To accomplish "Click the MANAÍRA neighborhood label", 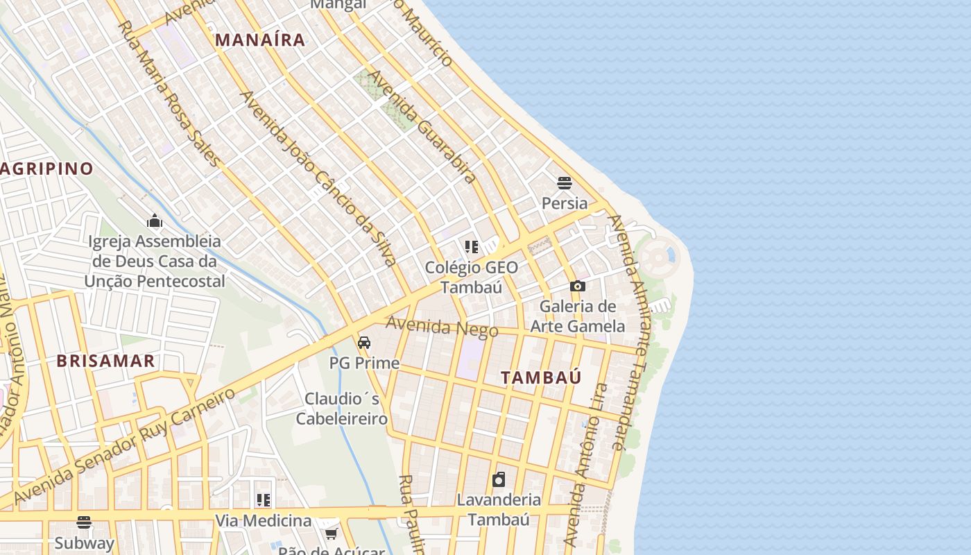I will [260, 40].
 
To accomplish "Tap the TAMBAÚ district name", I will [541, 377].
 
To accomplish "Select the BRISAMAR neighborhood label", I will [105, 361].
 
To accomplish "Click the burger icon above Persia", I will [565, 183].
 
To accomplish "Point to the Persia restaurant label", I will [565, 203].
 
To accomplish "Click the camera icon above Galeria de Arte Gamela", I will [577, 286].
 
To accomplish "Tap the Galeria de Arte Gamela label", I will [577, 316].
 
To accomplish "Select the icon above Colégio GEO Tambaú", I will [472, 247].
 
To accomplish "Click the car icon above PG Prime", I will [364, 343].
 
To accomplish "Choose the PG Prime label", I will [364, 363].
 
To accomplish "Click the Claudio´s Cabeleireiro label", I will [342, 409].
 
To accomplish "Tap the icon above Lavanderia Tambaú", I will [499, 479].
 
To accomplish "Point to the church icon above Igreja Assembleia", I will [154, 221].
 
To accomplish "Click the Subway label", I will [84, 543].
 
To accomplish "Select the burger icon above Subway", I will [84, 522].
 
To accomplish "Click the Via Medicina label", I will [263, 520].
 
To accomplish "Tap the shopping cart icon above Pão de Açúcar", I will [331, 533].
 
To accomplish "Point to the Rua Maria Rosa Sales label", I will [169, 94].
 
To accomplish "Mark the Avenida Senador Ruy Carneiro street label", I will [125, 447].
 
